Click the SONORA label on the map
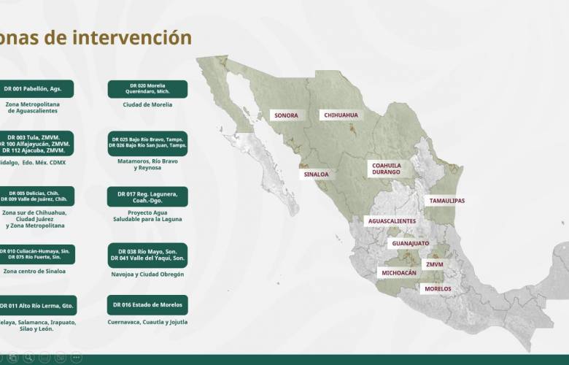pyautogui.click(x=286, y=115)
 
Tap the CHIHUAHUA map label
pyautogui.click(x=341, y=115)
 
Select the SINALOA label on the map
pyautogui.click(x=317, y=174)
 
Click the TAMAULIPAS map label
pyautogui.click(x=446, y=201)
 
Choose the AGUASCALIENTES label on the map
pyautogui.click(x=392, y=221)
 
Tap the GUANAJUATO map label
pyautogui.click(x=410, y=243)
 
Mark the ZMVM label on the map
pyautogui.click(x=435, y=264)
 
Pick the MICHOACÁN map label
pyautogui.click(x=399, y=273)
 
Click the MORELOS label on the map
pyautogui.click(x=438, y=289)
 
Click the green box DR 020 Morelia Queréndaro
pyautogui.click(x=147, y=89)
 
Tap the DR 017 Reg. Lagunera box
pyautogui.click(x=147, y=196)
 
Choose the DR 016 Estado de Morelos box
pyautogui.click(x=147, y=304)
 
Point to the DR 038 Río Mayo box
pyautogui.click(x=147, y=254)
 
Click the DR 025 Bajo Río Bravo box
pyautogui.click(x=147, y=142)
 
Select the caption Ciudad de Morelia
pyautogui.click(x=147, y=105)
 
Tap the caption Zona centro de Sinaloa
pyautogui.click(x=34, y=272)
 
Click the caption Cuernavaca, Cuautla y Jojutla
pyautogui.click(x=147, y=322)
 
